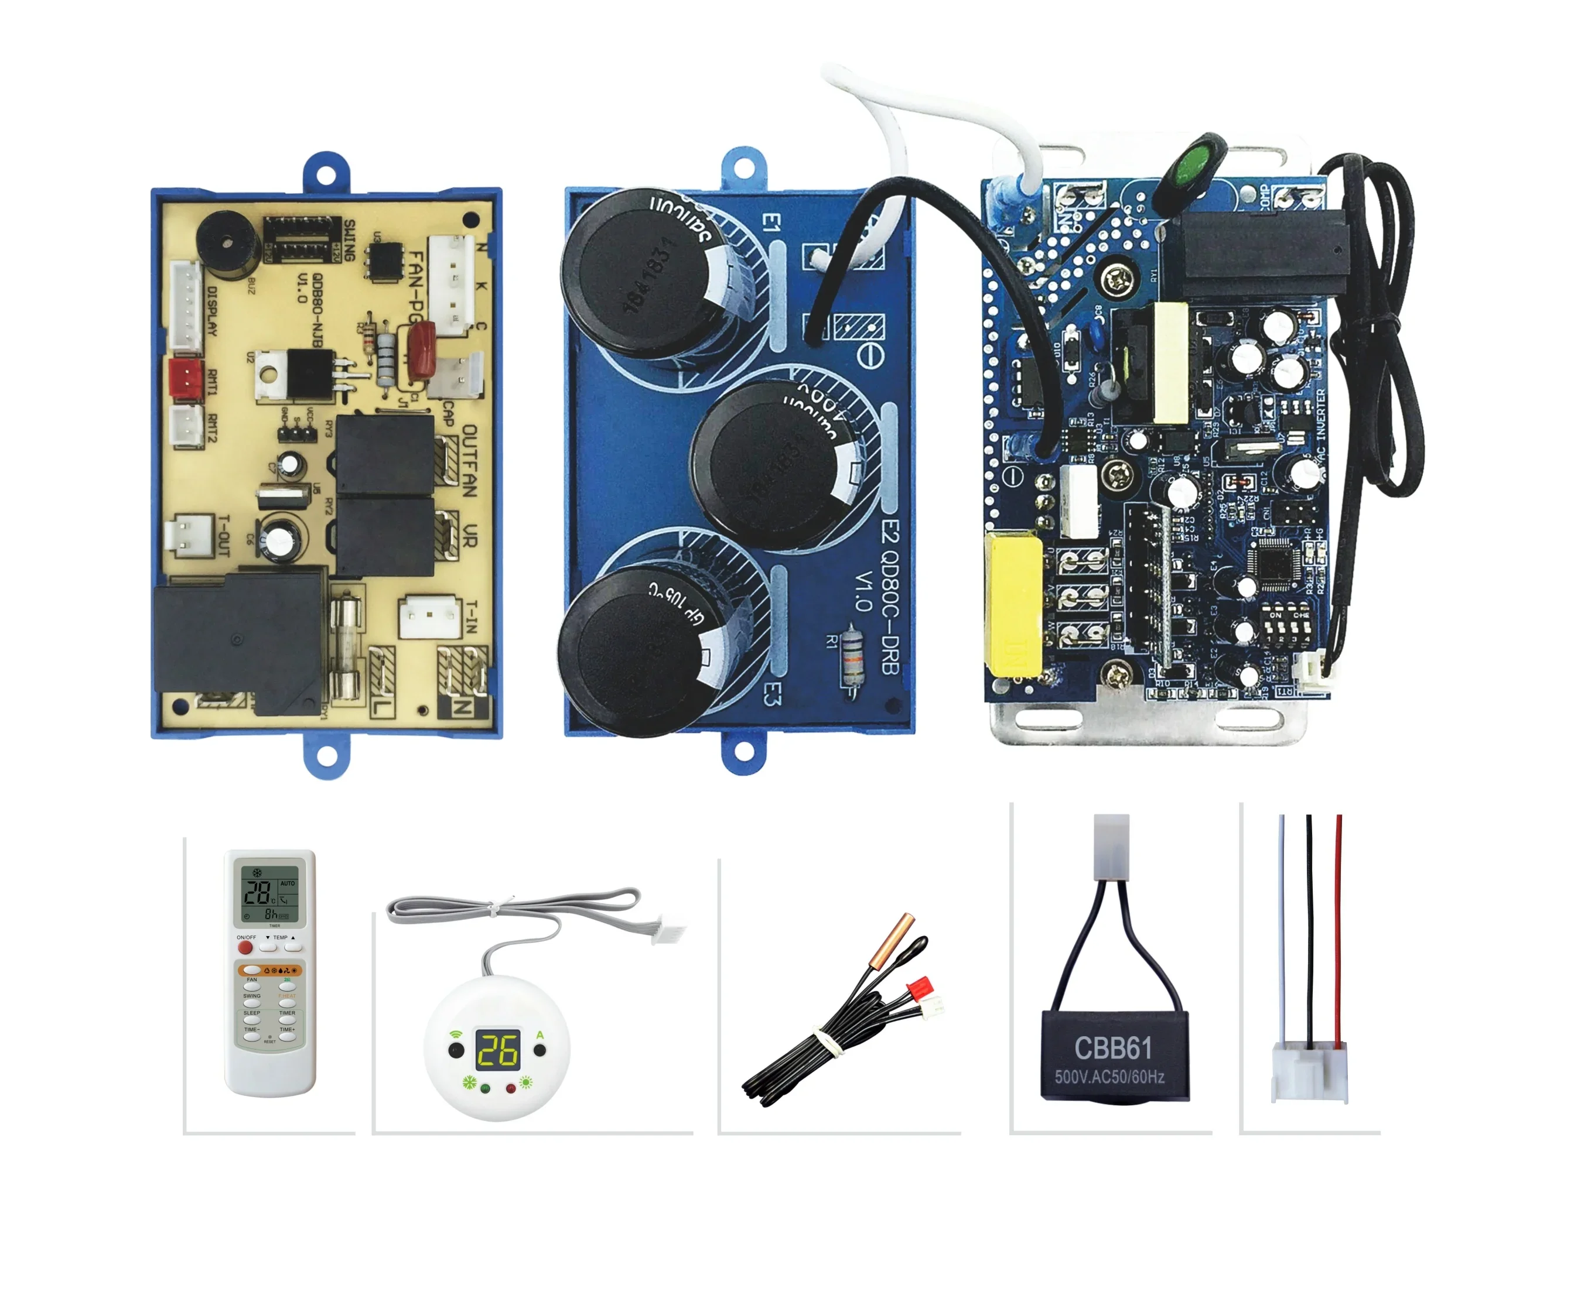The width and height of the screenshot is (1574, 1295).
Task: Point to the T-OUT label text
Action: (x=223, y=535)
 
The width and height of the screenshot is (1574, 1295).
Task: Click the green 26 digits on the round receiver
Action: (x=497, y=1050)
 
